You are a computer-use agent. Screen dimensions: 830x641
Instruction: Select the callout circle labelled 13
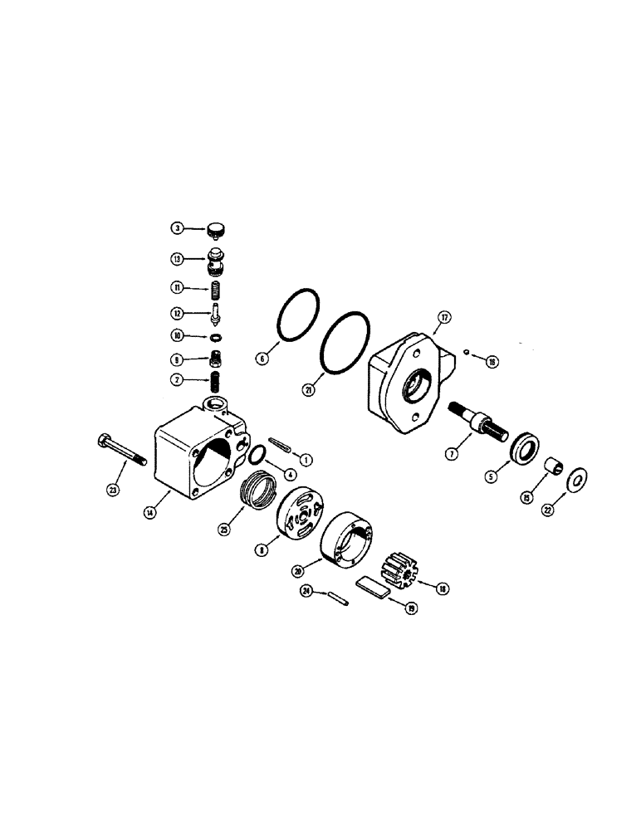click(177, 258)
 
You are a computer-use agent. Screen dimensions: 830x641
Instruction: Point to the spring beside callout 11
click(216, 290)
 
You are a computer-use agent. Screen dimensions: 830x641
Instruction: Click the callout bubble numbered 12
click(177, 313)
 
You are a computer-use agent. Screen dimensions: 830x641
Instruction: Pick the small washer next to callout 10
click(216, 337)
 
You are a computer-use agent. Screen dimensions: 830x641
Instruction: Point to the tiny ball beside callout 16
click(467, 352)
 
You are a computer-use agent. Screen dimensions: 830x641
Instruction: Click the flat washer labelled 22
click(575, 481)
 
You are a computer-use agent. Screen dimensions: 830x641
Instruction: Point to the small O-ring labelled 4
click(257, 455)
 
